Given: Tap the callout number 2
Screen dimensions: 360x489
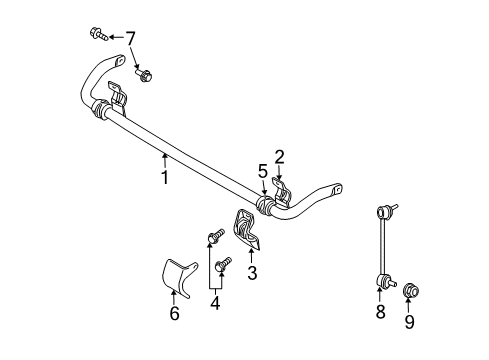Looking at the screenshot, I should (x=280, y=156).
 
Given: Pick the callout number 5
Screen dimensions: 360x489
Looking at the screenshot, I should (x=263, y=171).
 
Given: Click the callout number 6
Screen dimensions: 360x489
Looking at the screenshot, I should (x=175, y=314).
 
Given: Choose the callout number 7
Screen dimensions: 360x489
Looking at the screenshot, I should (x=130, y=38).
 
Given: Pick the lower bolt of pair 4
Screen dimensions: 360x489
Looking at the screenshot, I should (x=222, y=264).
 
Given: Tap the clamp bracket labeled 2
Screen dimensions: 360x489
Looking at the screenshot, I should (x=282, y=191).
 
